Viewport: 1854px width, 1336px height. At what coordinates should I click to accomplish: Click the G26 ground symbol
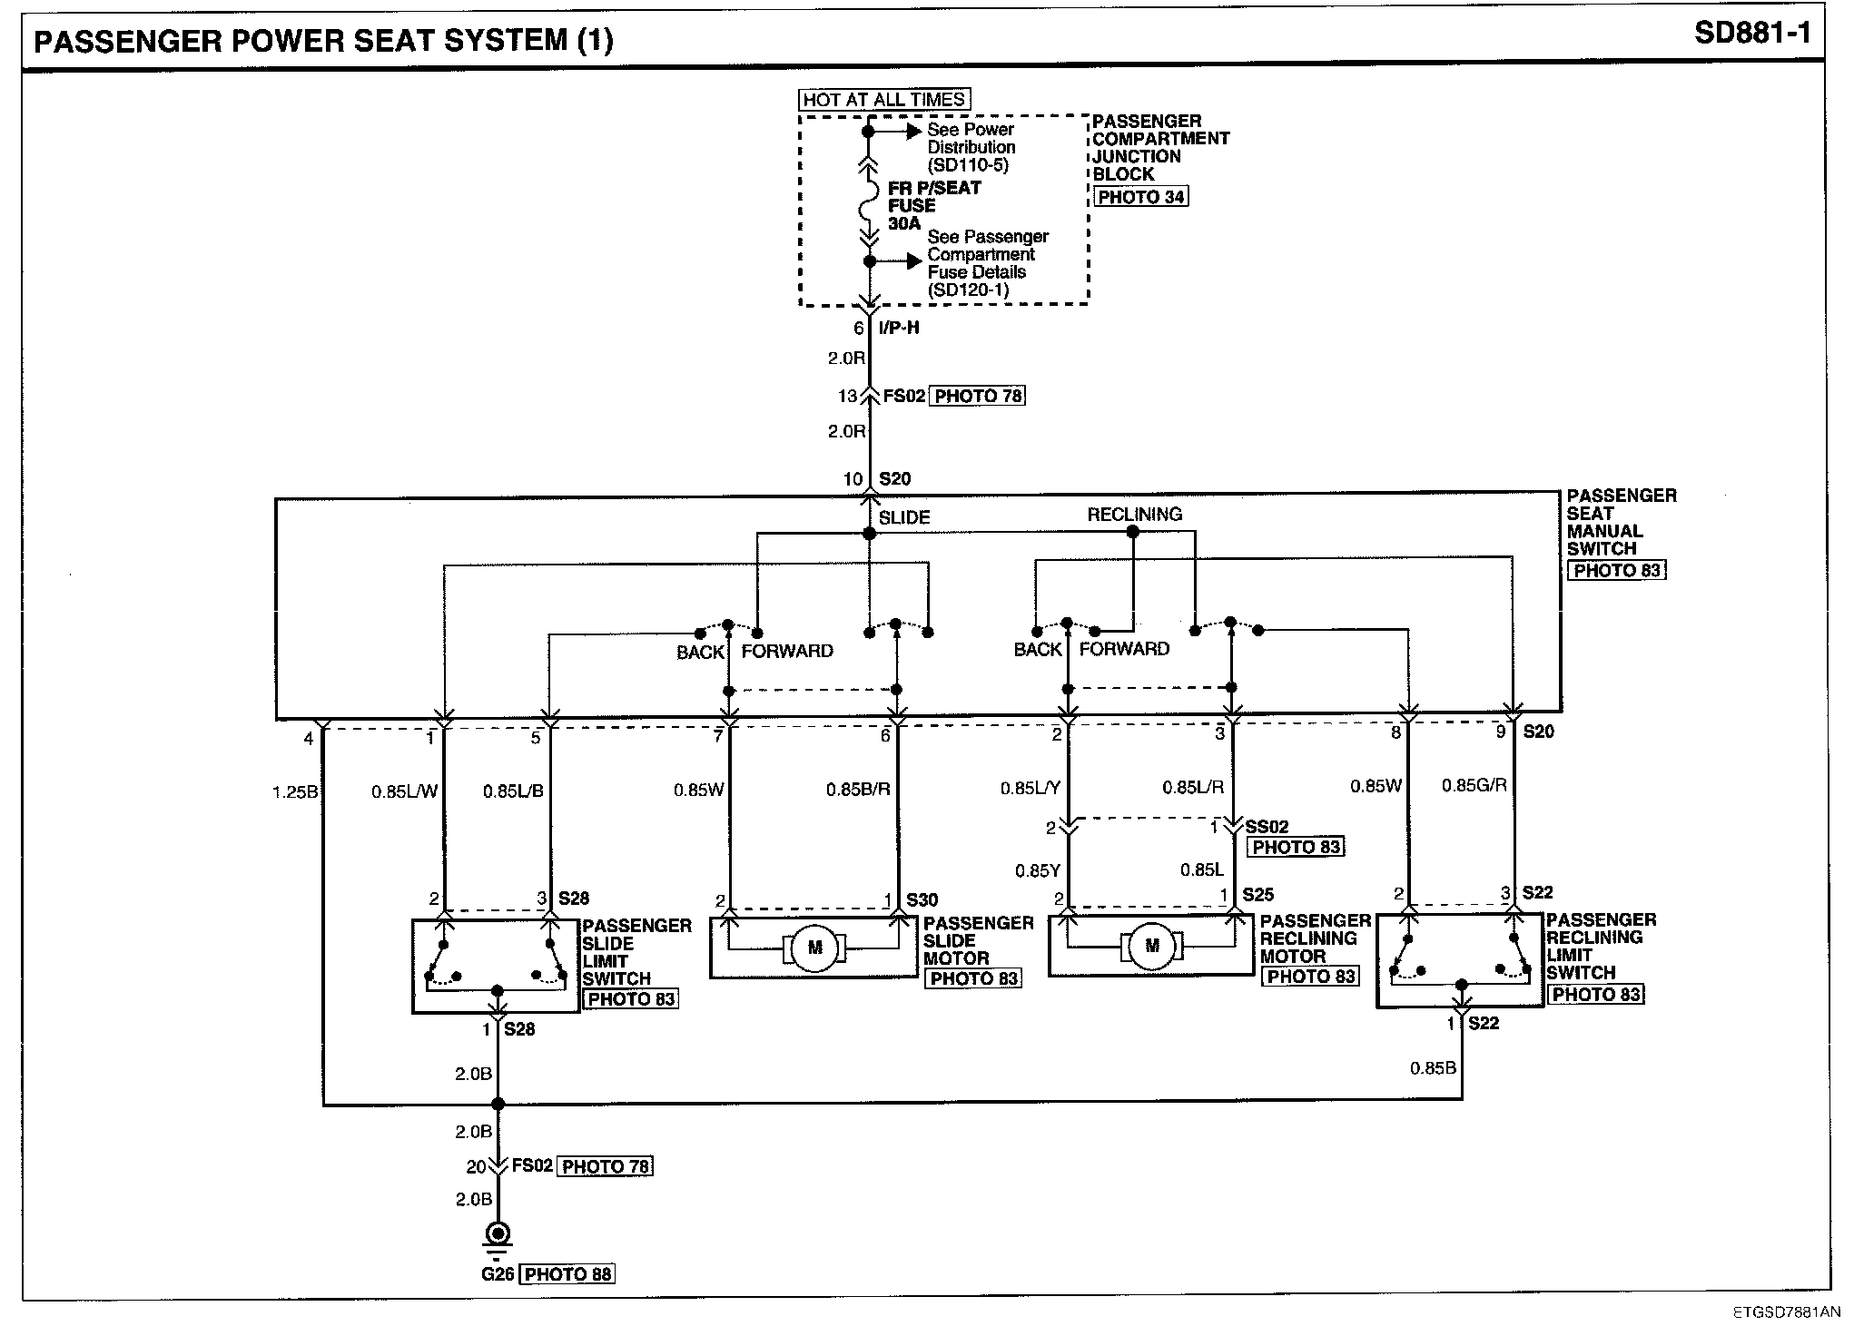click(498, 1235)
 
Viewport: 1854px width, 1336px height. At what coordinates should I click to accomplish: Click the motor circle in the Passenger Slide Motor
click(814, 948)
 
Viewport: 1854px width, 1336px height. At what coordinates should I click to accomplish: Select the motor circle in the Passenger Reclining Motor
click(1152, 946)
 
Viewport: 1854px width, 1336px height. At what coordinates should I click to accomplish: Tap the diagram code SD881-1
click(1751, 34)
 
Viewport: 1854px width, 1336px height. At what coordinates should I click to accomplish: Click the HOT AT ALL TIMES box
click(883, 100)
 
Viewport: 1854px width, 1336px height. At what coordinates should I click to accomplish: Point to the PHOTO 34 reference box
click(1140, 197)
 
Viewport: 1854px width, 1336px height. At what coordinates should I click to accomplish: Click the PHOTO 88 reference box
click(567, 1274)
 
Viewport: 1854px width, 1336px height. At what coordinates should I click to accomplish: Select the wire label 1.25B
click(295, 792)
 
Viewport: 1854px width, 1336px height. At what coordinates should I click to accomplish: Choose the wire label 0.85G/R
click(1474, 785)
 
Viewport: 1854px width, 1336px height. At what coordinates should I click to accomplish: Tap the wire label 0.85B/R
click(857, 790)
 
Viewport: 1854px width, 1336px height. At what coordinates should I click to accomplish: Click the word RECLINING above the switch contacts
click(1134, 515)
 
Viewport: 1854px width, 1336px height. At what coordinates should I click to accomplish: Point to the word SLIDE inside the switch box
click(904, 517)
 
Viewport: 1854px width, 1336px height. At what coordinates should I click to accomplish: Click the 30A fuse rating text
click(904, 223)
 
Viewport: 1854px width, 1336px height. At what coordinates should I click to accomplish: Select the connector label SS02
click(1267, 827)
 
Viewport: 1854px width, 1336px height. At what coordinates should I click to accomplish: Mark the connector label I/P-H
click(899, 328)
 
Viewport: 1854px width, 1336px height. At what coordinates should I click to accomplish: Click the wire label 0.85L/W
click(404, 791)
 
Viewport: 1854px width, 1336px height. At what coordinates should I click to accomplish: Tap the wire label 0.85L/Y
click(1030, 788)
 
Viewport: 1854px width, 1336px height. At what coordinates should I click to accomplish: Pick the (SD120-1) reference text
click(968, 290)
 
